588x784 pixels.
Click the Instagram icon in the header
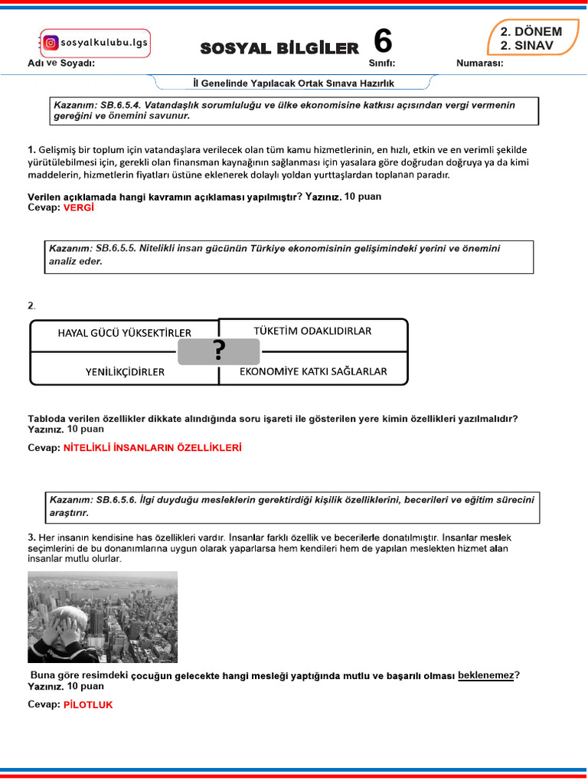pyautogui.click(x=51, y=44)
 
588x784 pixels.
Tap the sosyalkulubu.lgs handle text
pyautogui.click(x=100, y=44)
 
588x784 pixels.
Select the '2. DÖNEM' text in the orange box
pyautogui.click(x=531, y=32)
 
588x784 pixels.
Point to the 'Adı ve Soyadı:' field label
pyautogui.click(x=61, y=63)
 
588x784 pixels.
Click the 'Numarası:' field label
pyautogui.click(x=479, y=63)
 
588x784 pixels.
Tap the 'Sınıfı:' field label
pyautogui.click(x=381, y=63)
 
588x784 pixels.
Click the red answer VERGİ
pyautogui.click(x=78, y=207)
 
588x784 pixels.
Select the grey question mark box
pyautogui.click(x=219, y=351)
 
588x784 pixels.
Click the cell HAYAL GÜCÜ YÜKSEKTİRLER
pyautogui.click(x=124, y=332)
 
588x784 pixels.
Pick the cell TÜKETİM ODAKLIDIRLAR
pyautogui.click(x=312, y=331)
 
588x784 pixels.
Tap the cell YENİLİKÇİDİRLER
pyautogui.click(x=125, y=372)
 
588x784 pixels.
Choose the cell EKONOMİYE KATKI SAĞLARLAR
pyautogui.click(x=313, y=371)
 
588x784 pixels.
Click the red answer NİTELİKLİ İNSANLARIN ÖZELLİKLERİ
pyautogui.click(x=152, y=448)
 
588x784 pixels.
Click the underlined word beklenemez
pyautogui.click(x=485, y=675)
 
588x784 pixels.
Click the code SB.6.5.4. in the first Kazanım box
pyautogui.click(x=124, y=105)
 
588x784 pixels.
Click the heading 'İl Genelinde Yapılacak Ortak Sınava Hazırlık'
pyautogui.click(x=293, y=83)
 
